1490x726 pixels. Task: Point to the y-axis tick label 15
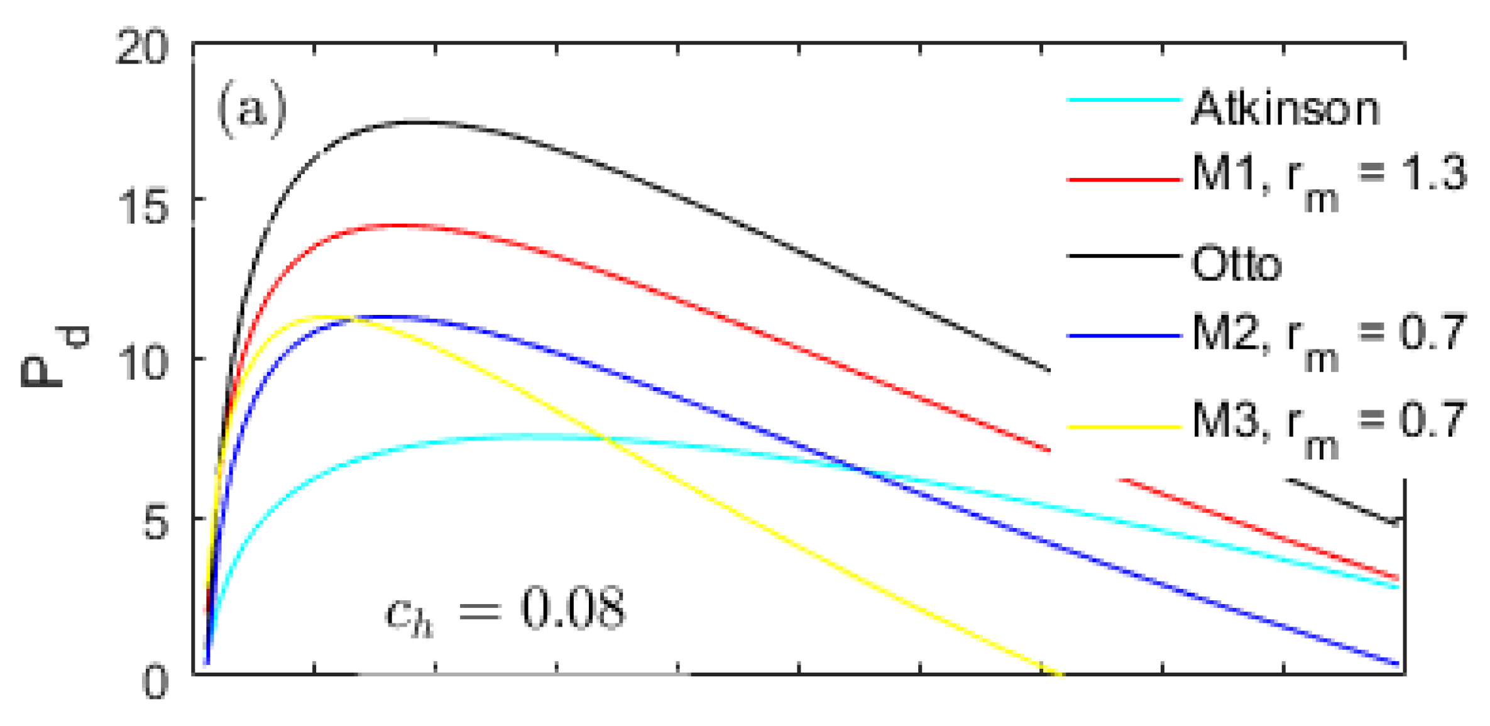[142, 207]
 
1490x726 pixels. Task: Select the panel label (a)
[251, 109]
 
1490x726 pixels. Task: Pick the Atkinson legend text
[1286, 108]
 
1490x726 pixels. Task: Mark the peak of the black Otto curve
[418, 122]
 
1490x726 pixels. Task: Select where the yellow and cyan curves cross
[607, 438]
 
